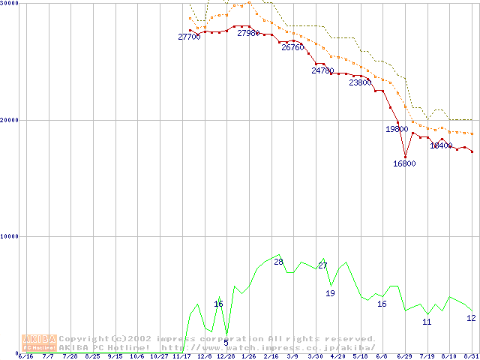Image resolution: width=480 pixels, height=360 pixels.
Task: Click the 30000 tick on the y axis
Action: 10,4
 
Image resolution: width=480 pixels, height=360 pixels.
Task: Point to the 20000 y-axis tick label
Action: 10,120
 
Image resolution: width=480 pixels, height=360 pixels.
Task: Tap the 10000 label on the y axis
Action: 10,236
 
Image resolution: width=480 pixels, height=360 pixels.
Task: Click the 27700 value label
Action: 190,37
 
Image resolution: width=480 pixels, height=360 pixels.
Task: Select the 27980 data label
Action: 248,33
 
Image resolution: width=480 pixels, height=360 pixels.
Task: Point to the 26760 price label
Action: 292,47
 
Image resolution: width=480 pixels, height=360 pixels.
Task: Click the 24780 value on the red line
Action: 322,70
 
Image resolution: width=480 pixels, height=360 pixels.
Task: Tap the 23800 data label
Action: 360,82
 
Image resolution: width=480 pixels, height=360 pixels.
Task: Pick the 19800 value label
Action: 397,129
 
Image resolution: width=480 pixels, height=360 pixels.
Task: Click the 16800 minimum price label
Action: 404,163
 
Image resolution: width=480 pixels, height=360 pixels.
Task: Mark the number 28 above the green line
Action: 278,262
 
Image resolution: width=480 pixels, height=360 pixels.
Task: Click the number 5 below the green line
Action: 226,343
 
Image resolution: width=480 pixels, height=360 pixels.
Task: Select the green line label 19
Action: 330,293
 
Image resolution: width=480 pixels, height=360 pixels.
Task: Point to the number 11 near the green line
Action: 427,322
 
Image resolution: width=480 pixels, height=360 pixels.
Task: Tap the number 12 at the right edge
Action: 471,318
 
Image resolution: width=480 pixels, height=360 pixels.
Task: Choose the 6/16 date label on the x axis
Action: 25,356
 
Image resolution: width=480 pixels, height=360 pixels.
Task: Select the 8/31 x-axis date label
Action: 471,356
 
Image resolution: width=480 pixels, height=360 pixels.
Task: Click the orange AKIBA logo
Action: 39,343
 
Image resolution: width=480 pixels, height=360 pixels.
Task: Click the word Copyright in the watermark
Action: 82,339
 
